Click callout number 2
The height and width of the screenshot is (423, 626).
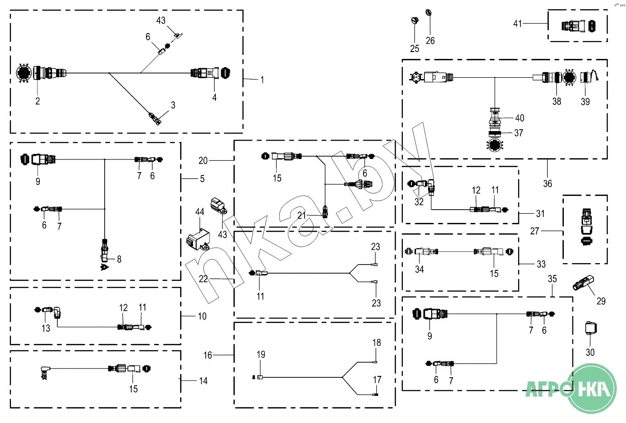tap(37, 101)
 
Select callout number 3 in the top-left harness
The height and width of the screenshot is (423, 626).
tap(173, 105)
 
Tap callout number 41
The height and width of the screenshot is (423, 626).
tap(517, 23)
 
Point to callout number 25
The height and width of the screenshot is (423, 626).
tap(414, 48)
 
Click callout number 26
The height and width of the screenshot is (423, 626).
tap(430, 41)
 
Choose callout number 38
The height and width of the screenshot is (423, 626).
tap(556, 101)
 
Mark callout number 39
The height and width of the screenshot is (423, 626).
tap(585, 101)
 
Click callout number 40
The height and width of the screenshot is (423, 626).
tap(519, 118)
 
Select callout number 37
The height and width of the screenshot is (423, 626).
tap(519, 133)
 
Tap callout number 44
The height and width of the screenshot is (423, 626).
tap(200, 212)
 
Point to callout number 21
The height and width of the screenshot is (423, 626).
tap(301, 215)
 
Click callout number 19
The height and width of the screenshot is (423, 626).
tap(261, 354)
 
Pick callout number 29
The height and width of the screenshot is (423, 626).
tap(601, 301)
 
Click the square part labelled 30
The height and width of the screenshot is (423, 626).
tap(591, 328)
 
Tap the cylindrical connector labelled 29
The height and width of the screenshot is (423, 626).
tap(583, 283)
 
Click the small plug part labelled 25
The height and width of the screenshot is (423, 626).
tap(415, 21)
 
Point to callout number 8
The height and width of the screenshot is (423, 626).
tap(119, 259)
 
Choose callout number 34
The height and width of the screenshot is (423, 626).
tap(419, 270)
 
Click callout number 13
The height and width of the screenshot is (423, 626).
tap(46, 328)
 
